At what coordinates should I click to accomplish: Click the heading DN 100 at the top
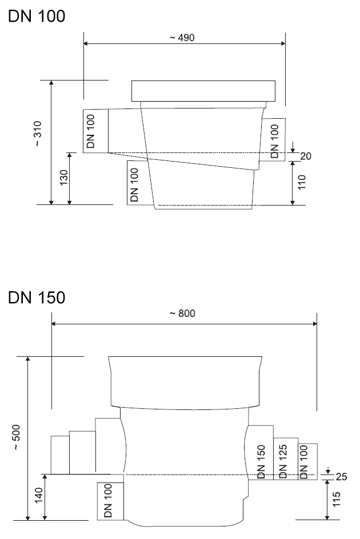click(x=37, y=17)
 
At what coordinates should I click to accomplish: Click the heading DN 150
click(x=37, y=297)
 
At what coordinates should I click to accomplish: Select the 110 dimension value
click(x=302, y=182)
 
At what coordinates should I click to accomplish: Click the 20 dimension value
click(x=305, y=155)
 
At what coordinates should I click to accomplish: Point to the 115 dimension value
click(x=336, y=500)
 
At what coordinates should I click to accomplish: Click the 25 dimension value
click(x=341, y=476)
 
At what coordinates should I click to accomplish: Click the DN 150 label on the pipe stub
click(x=261, y=461)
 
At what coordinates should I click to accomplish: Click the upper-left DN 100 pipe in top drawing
click(x=95, y=131)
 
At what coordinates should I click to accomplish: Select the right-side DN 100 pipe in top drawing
click(x=274, y=139)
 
